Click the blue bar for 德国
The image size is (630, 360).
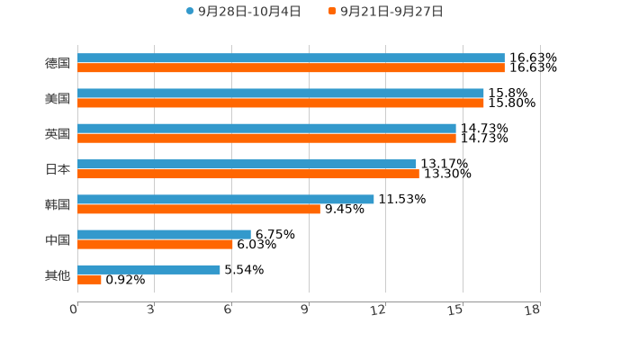click(291, 58)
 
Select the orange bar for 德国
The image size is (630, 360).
click(291, 68)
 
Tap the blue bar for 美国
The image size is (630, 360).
click(281, 93)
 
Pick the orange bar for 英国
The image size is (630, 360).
click(266, 139)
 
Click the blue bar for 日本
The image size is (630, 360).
click(247, 164)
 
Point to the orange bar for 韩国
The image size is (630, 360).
click(199, 209)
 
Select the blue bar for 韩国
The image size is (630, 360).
click(226, 199)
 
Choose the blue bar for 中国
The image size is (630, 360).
click(164, 234)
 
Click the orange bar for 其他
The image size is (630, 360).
click(89, 280)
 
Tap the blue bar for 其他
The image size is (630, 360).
click(148, 269)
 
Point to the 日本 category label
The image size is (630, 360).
click(58, 169)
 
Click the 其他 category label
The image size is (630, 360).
click(58, 274)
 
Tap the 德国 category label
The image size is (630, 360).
click(58, 63)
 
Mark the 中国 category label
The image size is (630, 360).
click(58, 239)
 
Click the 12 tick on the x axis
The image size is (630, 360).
click(379, 310)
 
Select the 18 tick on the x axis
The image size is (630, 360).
click(533, 310)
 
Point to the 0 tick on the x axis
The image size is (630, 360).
click(74, 310)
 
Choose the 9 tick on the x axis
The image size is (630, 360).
click(305, 310)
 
